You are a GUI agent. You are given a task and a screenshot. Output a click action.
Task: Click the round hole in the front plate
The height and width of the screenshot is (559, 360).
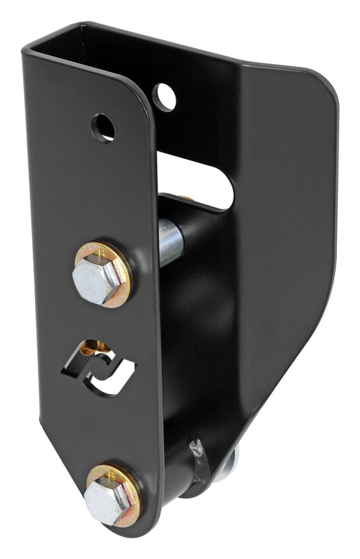click(x=103, y=127)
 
